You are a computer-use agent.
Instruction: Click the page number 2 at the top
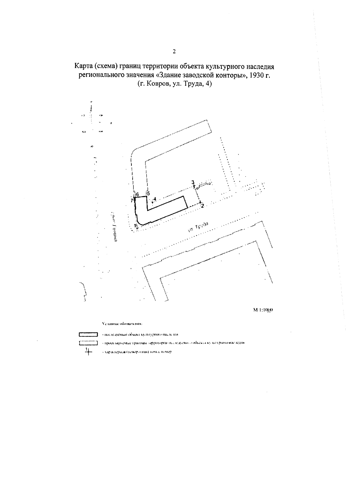tap(174, 51)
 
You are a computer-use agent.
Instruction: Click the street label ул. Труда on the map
tap(198, 227)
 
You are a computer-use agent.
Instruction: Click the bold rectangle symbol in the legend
tap(88, 334)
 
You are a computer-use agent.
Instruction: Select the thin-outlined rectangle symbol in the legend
tap(88, 343)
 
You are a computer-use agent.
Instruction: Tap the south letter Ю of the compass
tap(91, 146)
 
